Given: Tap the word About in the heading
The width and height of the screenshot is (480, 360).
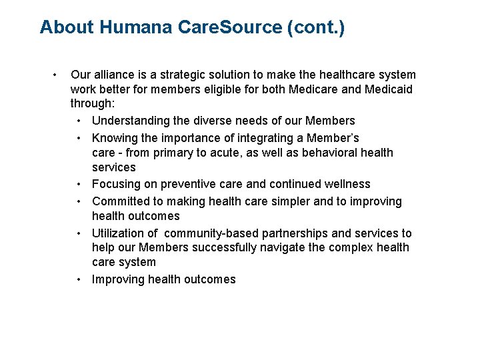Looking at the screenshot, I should (67, 27).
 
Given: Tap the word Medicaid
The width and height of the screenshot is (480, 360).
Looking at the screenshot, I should (389, 89).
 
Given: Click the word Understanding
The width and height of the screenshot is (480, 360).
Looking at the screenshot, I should (130, 121).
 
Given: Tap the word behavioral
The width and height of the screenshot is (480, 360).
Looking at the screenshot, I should (337, 153).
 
